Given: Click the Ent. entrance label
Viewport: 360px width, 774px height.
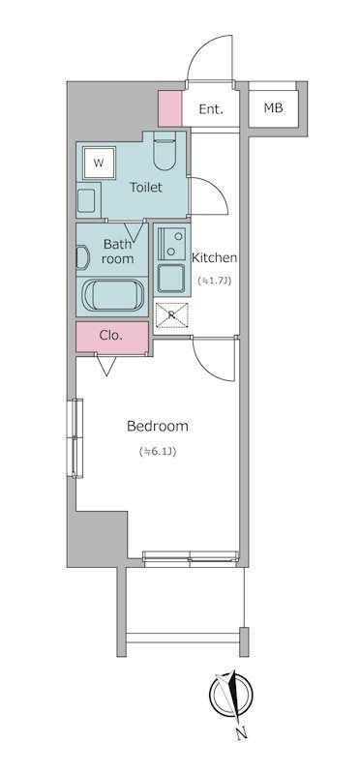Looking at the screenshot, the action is [x=211, y=109].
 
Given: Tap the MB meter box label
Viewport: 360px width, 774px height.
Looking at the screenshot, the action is [x=273, y=107].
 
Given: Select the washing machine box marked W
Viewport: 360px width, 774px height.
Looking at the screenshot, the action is [x=99, y=163].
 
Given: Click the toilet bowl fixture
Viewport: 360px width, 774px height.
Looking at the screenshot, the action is [x=165, y=151].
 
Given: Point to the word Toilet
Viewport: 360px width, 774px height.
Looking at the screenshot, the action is [x=146, y=188].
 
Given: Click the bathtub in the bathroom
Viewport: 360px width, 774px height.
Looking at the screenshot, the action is [x=112, y=295].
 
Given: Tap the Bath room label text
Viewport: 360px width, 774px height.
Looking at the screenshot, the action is [x=117, y=251].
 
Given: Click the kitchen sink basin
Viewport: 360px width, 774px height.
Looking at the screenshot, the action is [x=171, y=278].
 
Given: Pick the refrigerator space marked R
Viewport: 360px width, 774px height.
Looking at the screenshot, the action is [x=171, y=314].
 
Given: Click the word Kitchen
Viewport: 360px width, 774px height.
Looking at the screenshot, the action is [x=214, y=257].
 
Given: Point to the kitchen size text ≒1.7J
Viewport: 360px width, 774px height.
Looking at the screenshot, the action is [x=215, y=281].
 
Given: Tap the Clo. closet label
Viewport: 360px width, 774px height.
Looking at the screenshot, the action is [x=110, y=336].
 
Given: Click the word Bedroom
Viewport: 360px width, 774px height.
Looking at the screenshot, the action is [x=158, y=426].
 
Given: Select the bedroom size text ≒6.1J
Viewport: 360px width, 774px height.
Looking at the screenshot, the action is [x=158, y=451].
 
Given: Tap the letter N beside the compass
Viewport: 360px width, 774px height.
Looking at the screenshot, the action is [x=242, y=734].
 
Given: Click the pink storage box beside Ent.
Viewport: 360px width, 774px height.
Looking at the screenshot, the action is [x=170, y=108].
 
